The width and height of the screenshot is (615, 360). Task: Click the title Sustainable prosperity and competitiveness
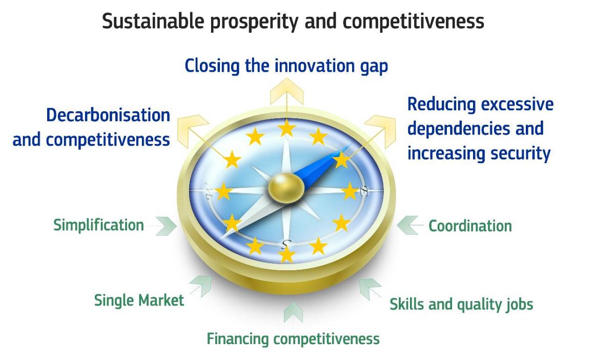(x=293, y=22)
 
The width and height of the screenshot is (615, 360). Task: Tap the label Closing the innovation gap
(x=286, y=66)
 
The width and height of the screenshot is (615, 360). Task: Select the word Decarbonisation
(x=108, y=115)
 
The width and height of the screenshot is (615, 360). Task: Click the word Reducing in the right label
(x=441, y=105)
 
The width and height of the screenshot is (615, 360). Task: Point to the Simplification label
(x=98, y=225)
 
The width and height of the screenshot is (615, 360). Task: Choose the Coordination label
(x=470, y=226)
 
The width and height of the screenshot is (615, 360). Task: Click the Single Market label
(x=139, y=300)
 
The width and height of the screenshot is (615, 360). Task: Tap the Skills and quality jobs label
(x=461, y=305)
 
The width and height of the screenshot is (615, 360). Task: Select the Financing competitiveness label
(x=293, y=339)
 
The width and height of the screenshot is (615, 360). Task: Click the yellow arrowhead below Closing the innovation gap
(x=287, y=91)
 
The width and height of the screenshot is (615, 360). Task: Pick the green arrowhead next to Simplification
(x=166, y=226)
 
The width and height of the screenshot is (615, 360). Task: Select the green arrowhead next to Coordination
(x=407, y=225)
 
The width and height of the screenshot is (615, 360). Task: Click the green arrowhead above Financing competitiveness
(x=293, y=312)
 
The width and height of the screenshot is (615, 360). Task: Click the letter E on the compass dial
(x=363, y=190)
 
